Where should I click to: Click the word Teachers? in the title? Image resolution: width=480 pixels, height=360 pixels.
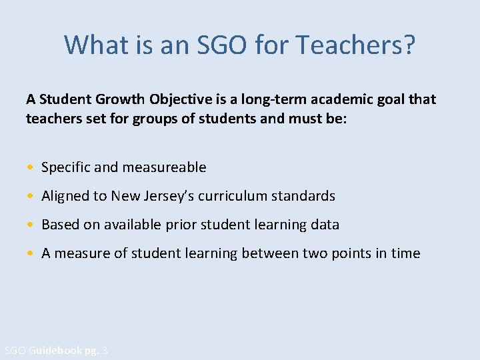point(356,45)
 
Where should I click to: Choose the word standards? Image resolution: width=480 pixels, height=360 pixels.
point(303,196)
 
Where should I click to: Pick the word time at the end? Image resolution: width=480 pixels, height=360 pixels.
point(405,253)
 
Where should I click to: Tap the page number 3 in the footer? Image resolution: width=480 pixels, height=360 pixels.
point(105,351)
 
